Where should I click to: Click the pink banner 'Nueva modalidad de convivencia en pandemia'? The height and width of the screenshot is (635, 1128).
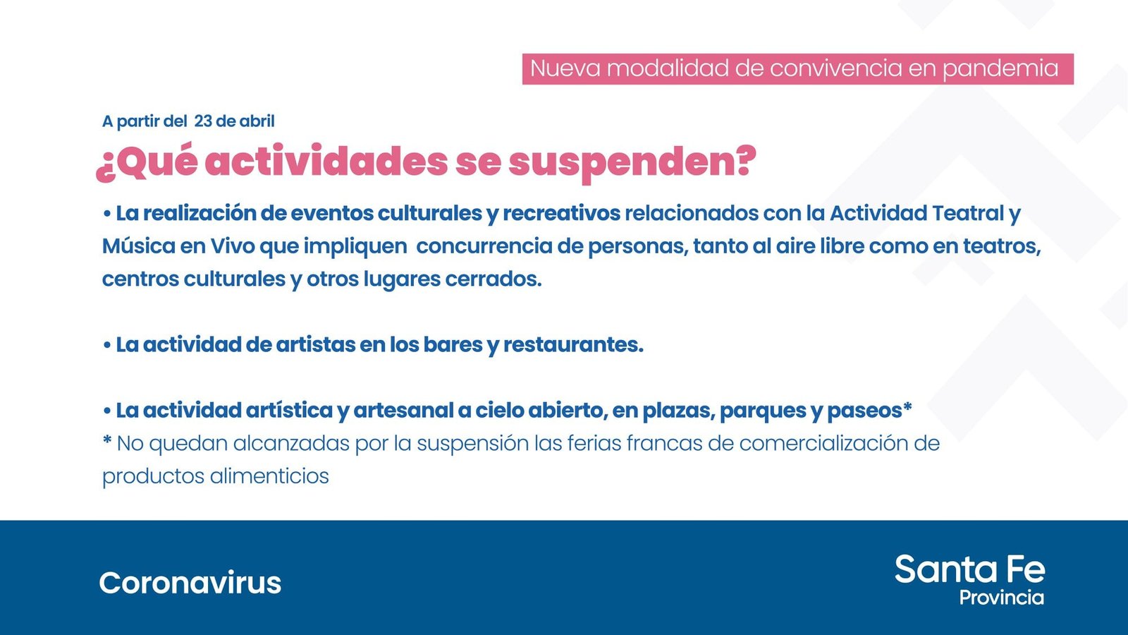click(797, 69)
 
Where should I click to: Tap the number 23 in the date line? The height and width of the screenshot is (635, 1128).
click(203, 121)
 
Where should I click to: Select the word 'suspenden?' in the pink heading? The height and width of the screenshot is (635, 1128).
click(632, 162)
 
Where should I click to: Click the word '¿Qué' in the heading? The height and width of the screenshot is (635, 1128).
click(147, 162)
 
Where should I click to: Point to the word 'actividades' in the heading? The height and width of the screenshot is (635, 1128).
click(326, 162)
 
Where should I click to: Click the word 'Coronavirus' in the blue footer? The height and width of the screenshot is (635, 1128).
click(190, 583)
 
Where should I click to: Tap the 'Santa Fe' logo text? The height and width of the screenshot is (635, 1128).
click(970, 569)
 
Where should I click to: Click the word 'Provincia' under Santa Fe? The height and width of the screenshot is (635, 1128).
click(1002, 598)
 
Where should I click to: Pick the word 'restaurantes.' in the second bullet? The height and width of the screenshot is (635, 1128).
click(574, 345)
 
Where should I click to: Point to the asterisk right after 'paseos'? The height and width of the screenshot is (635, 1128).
click(907, 406)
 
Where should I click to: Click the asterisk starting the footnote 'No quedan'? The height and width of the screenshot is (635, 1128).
click(106, 440)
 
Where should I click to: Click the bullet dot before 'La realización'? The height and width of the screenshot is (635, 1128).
click(106, 214)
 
